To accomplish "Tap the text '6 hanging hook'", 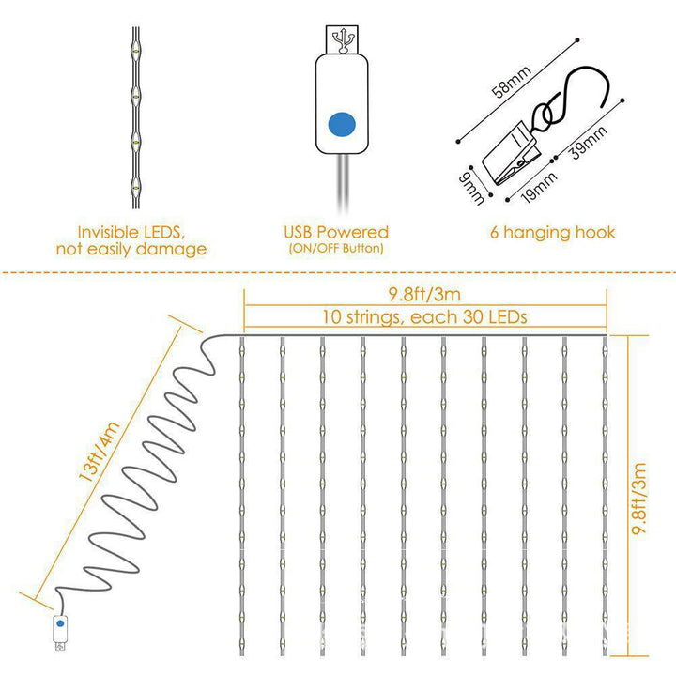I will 552,232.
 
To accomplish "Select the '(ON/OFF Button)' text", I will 336,249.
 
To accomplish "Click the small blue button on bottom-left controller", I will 59,622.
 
